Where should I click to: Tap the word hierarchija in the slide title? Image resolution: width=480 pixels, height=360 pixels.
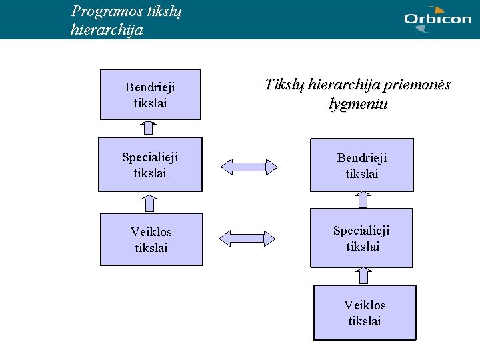(106, 30)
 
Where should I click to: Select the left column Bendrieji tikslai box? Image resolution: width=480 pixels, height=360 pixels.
(151, 95)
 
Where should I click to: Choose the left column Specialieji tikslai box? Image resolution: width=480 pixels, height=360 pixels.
(150, 165)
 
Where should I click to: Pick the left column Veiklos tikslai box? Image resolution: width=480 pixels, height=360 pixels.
(151, 239)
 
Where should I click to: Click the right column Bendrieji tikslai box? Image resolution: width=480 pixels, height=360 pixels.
(362, 165)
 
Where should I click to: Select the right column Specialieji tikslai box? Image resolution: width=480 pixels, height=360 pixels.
(361, 238)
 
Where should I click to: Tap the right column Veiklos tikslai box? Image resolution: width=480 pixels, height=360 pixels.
(365, 313)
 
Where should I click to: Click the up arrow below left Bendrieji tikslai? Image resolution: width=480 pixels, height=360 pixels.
(149, 129)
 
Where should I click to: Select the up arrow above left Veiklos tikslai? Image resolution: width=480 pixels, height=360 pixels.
(150, 203)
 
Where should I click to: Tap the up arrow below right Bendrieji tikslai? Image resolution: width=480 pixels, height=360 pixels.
(363, 199)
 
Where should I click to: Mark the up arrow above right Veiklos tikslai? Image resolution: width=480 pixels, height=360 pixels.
(363, 275)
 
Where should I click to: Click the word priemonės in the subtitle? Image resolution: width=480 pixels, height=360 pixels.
(417, 85)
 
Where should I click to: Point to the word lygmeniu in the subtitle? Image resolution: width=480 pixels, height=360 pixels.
(358, 104)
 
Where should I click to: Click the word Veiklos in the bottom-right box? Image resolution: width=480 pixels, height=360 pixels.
(365, 305)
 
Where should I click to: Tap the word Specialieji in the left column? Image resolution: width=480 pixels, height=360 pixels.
(150, 157)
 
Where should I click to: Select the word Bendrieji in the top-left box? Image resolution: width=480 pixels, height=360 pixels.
(150, 87)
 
